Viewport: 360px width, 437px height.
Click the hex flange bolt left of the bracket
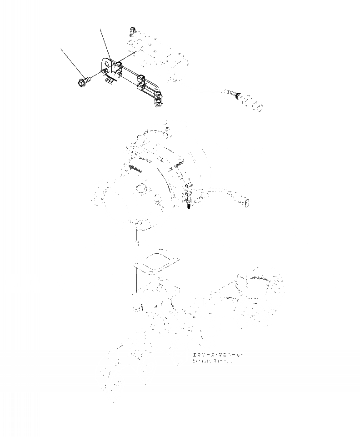[83, 82]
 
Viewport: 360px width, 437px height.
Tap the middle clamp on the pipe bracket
[141, 80]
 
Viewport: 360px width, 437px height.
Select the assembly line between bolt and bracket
[95, 77]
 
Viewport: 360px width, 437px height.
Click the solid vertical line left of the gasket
[136, 277]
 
